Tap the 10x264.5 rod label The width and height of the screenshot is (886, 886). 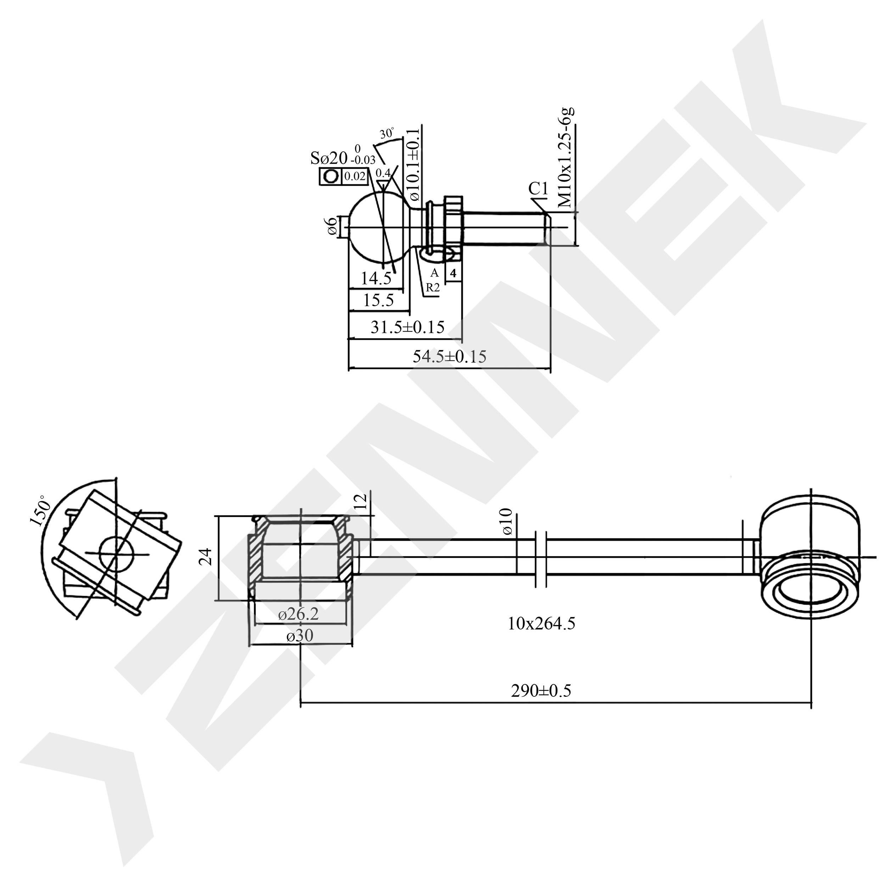coord(541,624)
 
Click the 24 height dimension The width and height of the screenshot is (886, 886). coord(207,556)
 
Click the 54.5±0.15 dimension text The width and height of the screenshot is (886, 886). coord(449,356)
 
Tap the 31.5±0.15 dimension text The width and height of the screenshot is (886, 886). coord(407,327)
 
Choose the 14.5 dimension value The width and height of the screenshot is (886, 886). coord(376,278)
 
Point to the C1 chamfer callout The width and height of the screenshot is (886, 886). coord(538,189)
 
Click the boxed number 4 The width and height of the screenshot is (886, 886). coord(453,273)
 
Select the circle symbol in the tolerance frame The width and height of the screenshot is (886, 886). coord(331,176)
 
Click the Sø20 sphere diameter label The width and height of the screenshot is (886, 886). coord(329,159)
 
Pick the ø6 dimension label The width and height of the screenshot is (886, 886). coord(332,226)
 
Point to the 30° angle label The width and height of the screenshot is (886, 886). coord(387,134)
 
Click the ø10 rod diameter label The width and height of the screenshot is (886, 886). coord(507,521)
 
